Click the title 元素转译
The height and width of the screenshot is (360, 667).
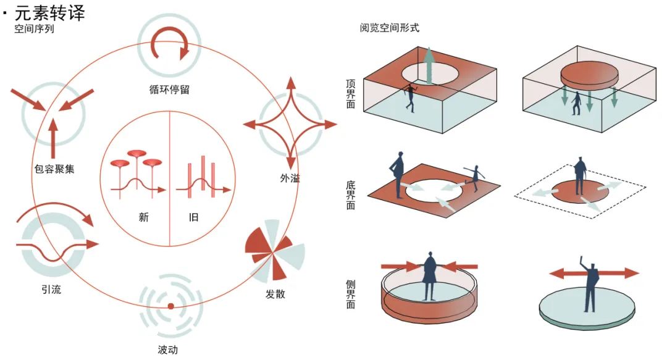click(x=50, y=13)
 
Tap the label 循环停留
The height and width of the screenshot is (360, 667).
click(x=169, y=90)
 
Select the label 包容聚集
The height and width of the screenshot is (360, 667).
click(x=54, y=169)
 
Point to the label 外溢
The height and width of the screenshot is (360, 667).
click(x=290, y=178)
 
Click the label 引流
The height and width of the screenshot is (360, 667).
click(x=51, y=290)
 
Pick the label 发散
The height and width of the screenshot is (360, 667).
click(x=275, y=293)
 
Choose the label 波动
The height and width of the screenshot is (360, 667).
click(x=167, y=350)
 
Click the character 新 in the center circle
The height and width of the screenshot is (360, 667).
click(x=144, y=217)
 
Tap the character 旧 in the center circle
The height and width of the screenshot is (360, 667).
click(x=193, y=217)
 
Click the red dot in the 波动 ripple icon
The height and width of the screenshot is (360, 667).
click(x=170, y=306)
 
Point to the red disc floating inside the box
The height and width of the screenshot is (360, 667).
click(x=589, y=76)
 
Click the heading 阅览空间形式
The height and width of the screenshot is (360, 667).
click(x=389, y=28)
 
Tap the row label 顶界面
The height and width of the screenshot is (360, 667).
click(x=350, y=94)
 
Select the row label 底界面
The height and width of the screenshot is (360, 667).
click(x=350, y=195)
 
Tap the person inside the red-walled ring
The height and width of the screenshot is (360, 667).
click(x=430, y=276)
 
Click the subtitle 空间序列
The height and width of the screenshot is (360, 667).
click(x=34, y=30)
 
